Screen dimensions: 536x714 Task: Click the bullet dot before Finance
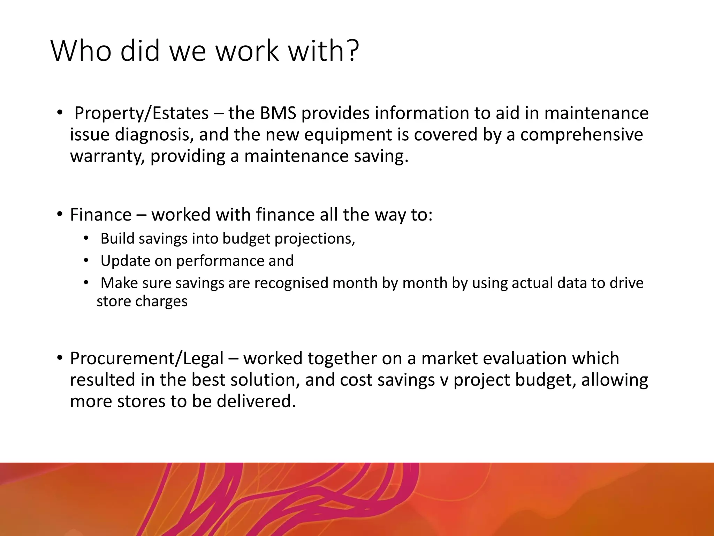point(60,214)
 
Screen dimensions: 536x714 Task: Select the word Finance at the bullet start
point(101,215)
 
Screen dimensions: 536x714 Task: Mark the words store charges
point(142,301)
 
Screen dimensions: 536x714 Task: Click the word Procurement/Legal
point(146,359)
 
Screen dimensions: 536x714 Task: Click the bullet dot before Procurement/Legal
point(60,358)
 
